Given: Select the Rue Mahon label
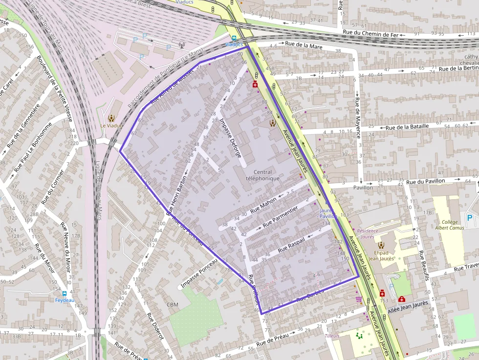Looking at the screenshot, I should (x=263, y=204).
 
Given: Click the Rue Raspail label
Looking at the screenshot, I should (x=291, y=244).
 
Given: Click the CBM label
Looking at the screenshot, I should (x=173, y=305).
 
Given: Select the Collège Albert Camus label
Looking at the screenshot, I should (x=449, y=224).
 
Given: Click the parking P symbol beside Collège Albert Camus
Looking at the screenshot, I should (x=470, y=218).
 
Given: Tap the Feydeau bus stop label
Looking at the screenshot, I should (x=64, y=300).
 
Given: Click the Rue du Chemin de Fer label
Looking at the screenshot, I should (x=371, y=34).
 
